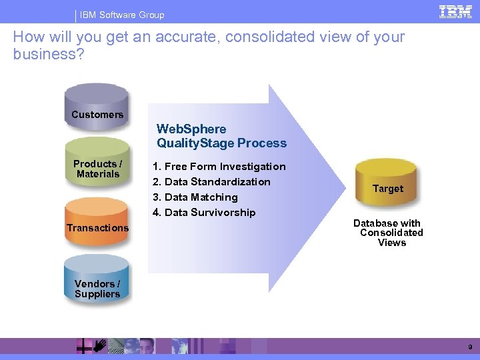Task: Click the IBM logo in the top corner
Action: pyautogui.click(x=455, y=12)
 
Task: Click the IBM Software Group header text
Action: pyautogui.click(x=122, y=15)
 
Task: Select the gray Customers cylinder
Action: pyautogui.click(x=97, y=107)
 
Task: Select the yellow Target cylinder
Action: pyautogui.click(x=387, y=187)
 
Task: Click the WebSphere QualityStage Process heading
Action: pyautogui.click(x=221, y=136)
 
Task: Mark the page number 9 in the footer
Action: pyautogui.click(x=470, y=347)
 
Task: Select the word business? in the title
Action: pyautogui.click(x=49, y=54)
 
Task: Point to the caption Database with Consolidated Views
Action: pyautogui.click(x=389, y=233)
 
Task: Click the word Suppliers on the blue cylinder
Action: pyautogui.click(x=97, y=294)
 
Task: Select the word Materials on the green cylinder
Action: pyautogui.click(x=98, y=174)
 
